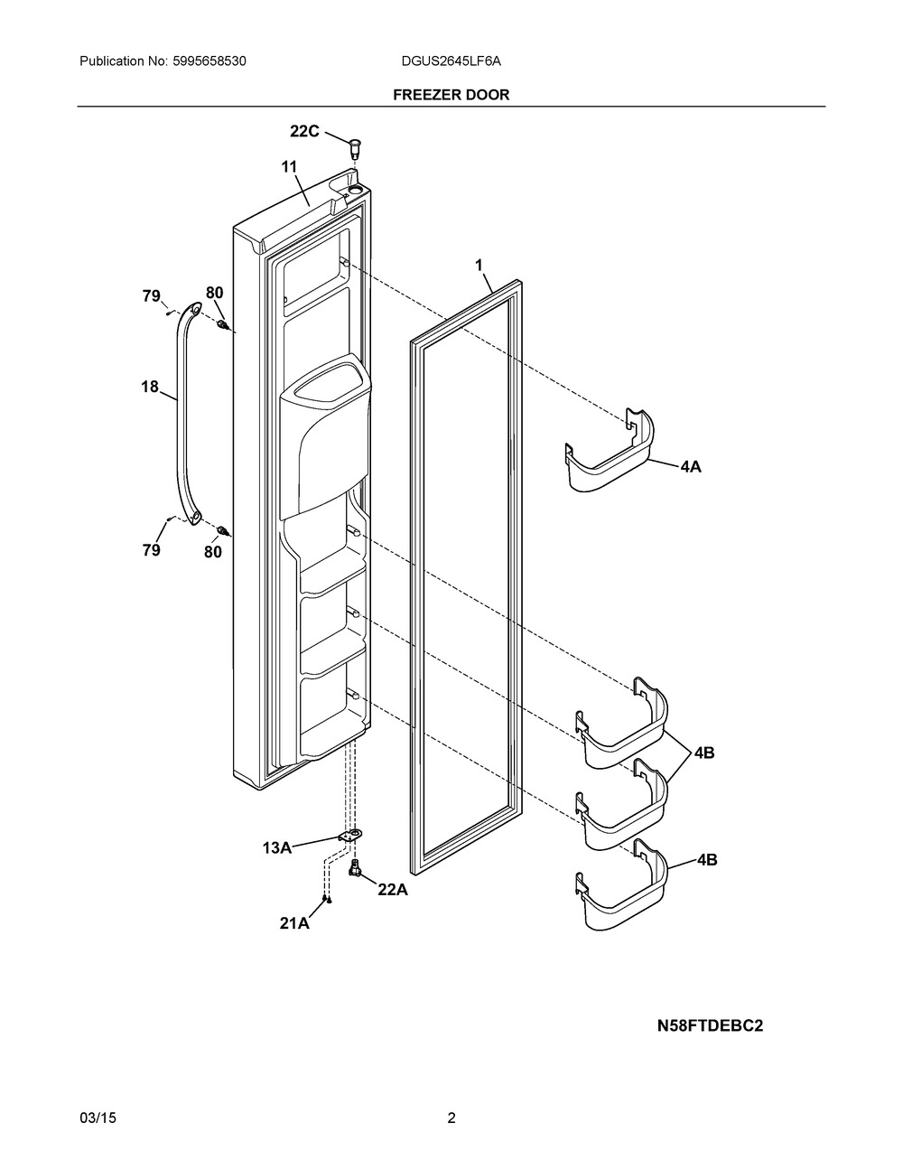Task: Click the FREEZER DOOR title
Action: (451, 94)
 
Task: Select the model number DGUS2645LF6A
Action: (451, 61)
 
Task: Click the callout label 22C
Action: (304, 131)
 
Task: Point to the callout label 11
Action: (289, 166)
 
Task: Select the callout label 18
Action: (149, 387)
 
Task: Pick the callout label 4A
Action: (691, 467)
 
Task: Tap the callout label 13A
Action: (277, 847)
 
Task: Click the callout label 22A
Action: (393, 890)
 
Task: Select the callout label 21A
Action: (294, 922)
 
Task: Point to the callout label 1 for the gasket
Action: (479, 265)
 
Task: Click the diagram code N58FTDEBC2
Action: (710, 1025)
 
